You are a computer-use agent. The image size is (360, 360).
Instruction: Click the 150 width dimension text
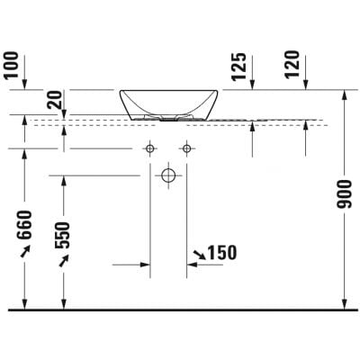[221, 254]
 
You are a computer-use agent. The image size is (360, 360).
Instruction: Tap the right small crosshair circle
[186, 148]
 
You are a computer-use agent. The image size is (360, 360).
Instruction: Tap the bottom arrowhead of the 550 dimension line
[63, 303]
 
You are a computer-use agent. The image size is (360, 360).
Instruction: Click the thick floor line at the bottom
[180, 310]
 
